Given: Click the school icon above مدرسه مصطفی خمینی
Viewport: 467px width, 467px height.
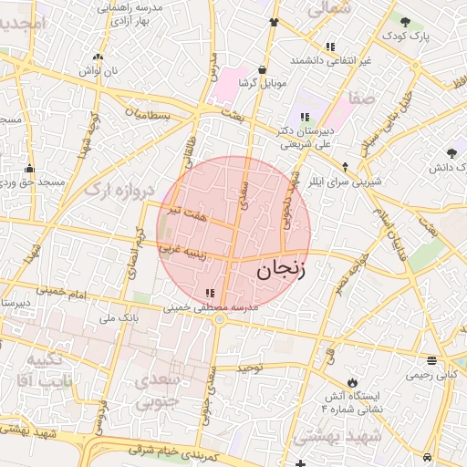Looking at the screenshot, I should pyautogui.click(x=211, y=293).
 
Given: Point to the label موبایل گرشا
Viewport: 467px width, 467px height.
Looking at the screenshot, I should pyautogui.click(x=263, y=83).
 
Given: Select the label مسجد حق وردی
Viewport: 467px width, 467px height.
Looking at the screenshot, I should pyautogui.click(x=33, y=182).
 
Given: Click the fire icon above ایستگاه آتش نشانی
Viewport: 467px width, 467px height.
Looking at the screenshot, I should pyautogui.click(x=352, y=380).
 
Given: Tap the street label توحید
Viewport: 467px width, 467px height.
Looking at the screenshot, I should pyautogui.click(x=250, y=367).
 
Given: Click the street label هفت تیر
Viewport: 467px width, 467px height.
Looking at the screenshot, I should pyautogui.click(x=195, y=217).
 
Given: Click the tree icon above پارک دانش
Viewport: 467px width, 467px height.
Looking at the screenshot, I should pyautogui.click(x=451, y=153).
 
